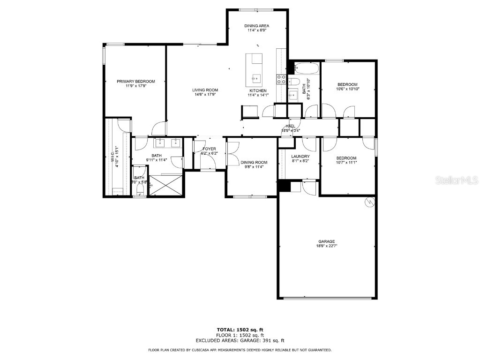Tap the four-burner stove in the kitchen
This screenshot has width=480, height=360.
point(281,79)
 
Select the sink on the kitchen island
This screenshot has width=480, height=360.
point(255,78)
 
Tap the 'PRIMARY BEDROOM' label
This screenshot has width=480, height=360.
point(136,82)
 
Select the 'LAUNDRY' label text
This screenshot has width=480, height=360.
point(300,157)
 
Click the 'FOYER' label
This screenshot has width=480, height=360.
point(209,149)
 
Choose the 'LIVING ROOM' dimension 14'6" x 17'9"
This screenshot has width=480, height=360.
point(205,95)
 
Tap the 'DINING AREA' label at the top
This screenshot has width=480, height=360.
point(257,26)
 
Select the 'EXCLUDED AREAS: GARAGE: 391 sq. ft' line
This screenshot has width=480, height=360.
point(240,341)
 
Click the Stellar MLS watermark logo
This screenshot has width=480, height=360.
point(457,180)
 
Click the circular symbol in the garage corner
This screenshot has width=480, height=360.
point(370,202)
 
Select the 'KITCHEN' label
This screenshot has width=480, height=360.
point(258,90)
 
